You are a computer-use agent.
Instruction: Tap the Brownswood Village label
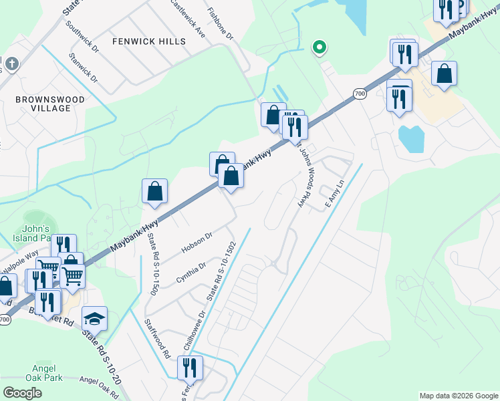coord(51,104)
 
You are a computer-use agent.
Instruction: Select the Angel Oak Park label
coord(47,372)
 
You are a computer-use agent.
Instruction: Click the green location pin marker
coord(320,47)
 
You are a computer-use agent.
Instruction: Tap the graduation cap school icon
coord(94,319)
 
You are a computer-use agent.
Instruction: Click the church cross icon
coord(13,64)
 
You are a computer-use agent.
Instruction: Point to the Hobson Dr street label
coord(197,243)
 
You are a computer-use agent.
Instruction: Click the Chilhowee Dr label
coord(194,330)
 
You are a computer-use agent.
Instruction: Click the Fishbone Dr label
coord(220,23)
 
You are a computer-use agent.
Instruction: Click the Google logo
coord(22,392)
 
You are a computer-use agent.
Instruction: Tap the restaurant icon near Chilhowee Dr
coord(190,368)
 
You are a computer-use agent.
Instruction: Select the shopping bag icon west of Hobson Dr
coord(154,191)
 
